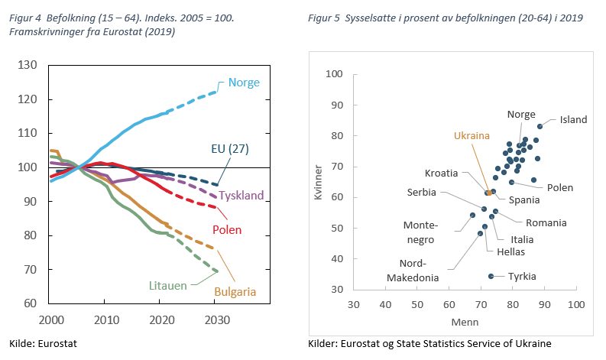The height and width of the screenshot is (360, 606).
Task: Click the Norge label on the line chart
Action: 245,83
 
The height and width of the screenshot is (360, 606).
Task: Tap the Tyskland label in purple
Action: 241,196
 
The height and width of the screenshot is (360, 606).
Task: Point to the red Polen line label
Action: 227,229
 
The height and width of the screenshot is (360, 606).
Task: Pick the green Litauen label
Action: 168,285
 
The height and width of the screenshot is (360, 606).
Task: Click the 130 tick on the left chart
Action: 29,66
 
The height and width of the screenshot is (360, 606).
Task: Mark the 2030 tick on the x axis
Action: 216,319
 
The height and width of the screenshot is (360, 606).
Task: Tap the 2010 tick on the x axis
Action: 105,319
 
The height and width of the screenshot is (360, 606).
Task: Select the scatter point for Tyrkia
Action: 491,276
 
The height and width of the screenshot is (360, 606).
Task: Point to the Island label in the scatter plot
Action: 573,120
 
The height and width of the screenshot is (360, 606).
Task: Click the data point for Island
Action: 540,126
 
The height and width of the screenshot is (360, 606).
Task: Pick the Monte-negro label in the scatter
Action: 421,232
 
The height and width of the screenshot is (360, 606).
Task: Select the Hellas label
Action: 510,251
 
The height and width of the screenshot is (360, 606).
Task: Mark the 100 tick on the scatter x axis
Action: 576,304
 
